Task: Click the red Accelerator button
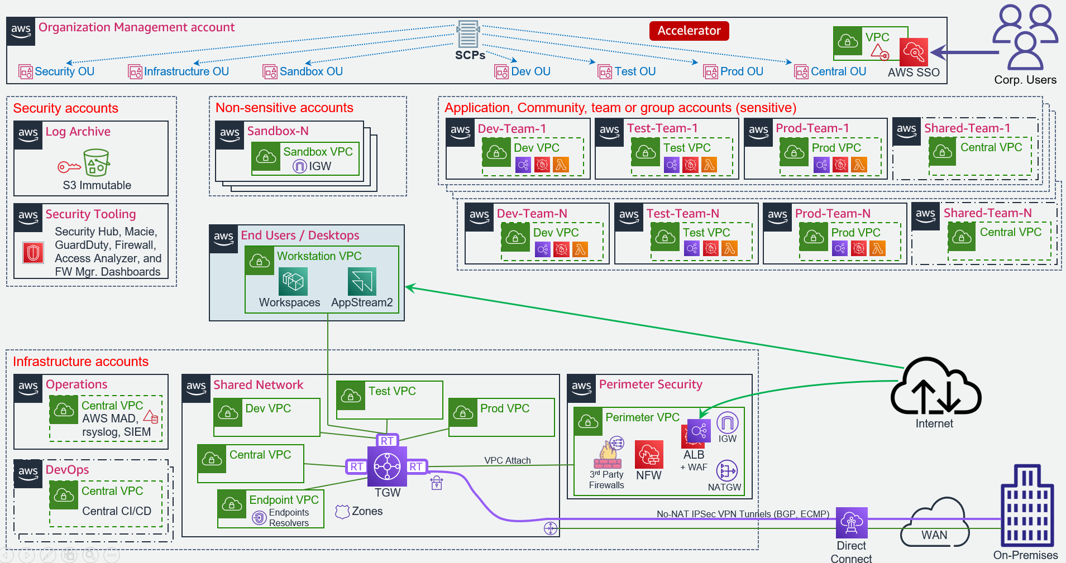click(x=689, y=31)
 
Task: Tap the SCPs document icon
click(x=468, y=35)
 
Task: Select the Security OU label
click(x=64, y=71)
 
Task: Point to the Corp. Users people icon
click(x=1025, y=36)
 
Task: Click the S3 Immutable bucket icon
click(x=96, y=162)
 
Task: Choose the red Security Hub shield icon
click(x=34, y=252)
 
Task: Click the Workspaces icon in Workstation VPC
click(x=293, y=281)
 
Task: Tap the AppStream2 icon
click(x=362, y=281)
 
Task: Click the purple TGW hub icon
click(x=387, y=466)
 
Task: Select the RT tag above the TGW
click(x=387, y=441)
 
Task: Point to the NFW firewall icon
click(x=649, y=455)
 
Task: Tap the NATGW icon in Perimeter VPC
click(x=726, y=471)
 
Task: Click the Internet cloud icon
click(x=935, y=387)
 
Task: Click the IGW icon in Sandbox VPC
click(x=300, y=166)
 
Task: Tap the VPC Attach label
click(x=507, y=460)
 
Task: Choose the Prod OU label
click(x=741, y=71)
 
